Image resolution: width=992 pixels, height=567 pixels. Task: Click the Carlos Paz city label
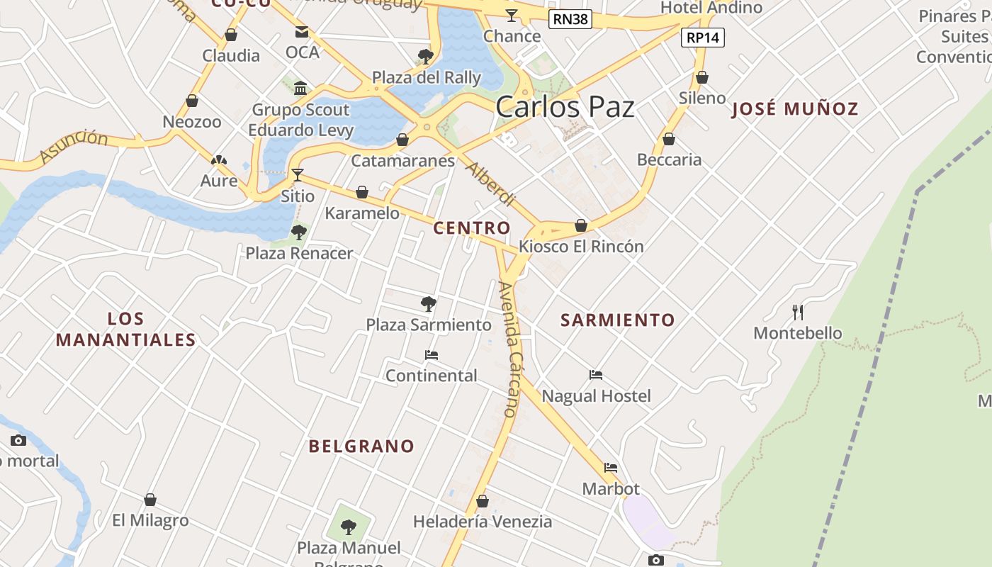coord(565,107)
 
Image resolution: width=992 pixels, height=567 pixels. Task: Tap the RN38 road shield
coord(570,19)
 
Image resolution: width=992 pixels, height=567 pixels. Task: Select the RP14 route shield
coord(703,38)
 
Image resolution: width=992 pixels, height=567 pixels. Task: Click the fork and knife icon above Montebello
coord(798,312)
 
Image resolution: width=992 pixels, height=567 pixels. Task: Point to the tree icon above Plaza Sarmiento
coord(428,304)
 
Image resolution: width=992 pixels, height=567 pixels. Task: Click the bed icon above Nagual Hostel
coord(596,375)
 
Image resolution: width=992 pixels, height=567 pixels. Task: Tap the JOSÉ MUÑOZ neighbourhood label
coord(794,109)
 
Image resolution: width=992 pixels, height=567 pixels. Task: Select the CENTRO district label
coord(471,228)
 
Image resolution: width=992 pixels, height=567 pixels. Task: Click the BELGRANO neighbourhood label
coord(361,447)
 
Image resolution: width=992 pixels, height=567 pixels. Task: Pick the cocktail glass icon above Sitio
coord(298,174)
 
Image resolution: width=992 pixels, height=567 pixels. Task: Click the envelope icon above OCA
coord(302,32)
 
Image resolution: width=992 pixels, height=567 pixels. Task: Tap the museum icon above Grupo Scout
coord(300,89)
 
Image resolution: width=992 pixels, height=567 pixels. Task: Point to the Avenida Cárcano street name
coord(510,349)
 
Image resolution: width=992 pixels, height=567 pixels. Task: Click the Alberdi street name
coord(490,183)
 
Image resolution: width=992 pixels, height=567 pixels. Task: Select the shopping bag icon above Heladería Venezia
coord(483,501)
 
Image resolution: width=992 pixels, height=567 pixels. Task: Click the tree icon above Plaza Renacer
coord(299,232)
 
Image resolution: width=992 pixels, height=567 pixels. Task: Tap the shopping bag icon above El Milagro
coord(150,500)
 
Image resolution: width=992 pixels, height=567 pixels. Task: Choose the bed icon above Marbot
coord(611,468)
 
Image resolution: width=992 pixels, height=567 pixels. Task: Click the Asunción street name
coord(74,145)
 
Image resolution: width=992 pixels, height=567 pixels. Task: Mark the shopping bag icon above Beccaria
coord(669,139)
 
